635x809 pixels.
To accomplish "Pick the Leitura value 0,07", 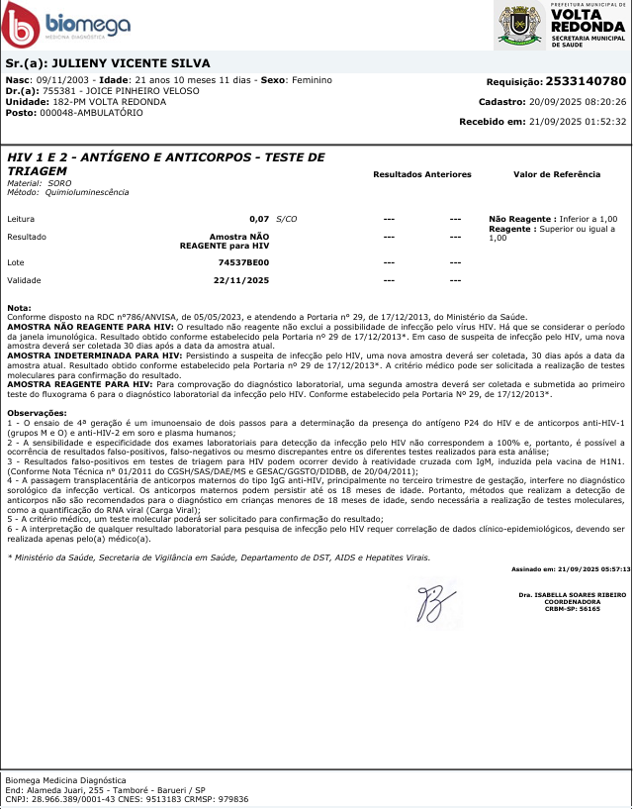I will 259,218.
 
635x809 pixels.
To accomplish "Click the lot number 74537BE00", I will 243,263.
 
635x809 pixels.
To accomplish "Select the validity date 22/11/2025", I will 243,280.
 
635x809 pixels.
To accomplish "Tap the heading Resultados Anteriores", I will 421,174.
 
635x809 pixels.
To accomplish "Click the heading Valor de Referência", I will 556,174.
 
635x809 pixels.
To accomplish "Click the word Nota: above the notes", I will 19,308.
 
